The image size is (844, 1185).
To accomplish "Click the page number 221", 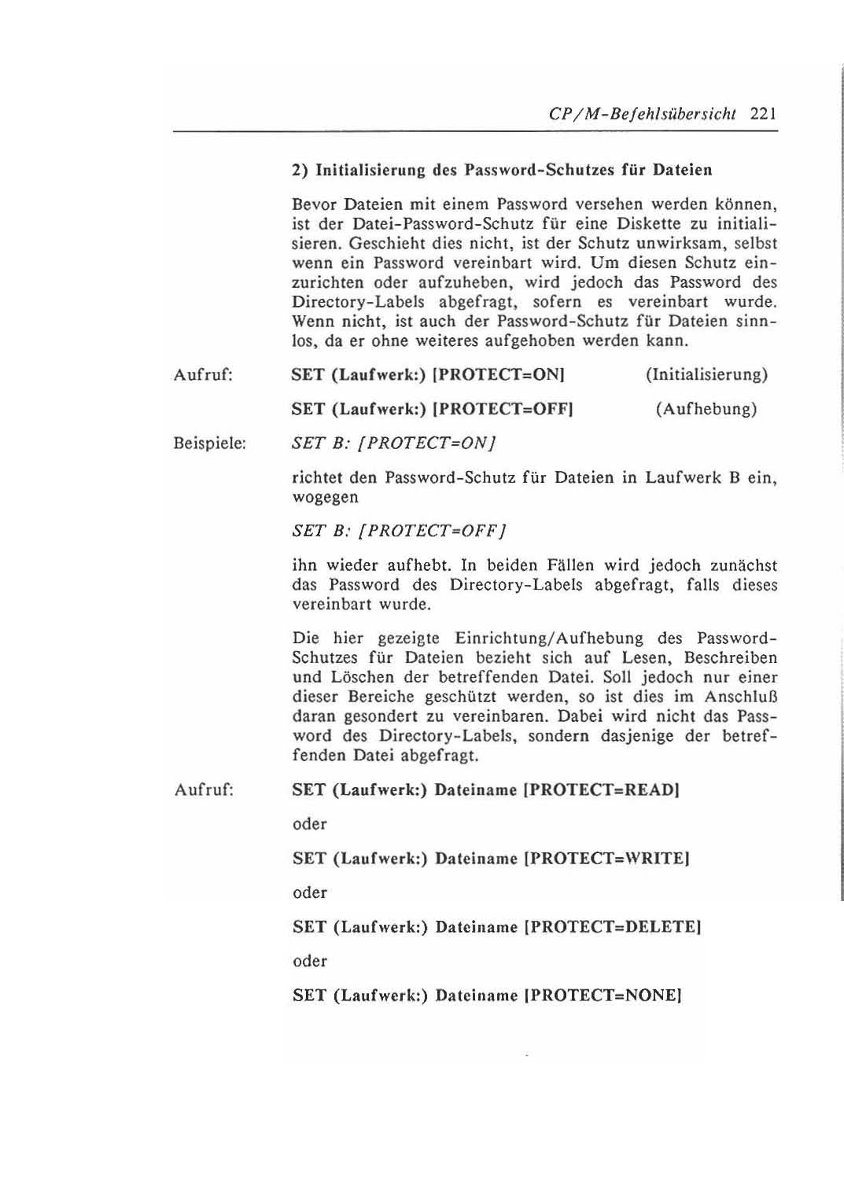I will [763, 112].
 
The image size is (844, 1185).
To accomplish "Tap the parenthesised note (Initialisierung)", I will [706, 374].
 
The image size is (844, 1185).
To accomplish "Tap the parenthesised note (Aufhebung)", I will [706, 409].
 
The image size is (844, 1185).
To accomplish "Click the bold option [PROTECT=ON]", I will [499, 374].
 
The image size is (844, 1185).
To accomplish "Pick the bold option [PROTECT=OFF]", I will [503, 409].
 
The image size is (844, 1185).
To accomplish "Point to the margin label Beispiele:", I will [210, 443].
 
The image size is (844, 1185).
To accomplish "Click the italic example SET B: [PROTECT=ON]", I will [394, 443].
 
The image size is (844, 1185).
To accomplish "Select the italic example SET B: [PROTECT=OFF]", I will [398, 531].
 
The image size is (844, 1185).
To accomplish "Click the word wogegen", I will [325, 498].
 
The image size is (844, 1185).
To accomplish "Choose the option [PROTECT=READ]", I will [601, 789].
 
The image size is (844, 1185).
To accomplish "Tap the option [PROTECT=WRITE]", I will [606, 858].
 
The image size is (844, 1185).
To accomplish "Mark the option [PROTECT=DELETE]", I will [612, 926].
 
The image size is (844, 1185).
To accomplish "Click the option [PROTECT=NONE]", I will [602, 995].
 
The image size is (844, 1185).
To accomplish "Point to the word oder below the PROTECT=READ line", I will [309, 824].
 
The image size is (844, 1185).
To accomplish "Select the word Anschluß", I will [740, 697].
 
